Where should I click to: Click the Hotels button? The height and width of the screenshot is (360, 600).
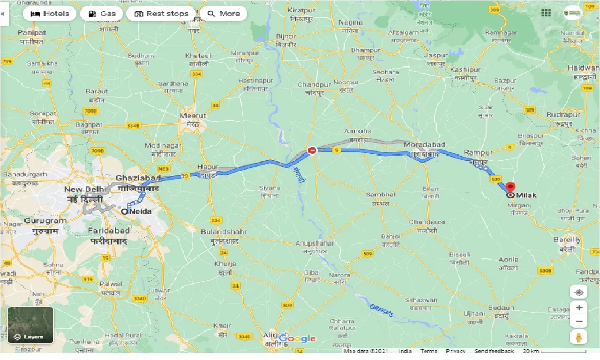(49, 14)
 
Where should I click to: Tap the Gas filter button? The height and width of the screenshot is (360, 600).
(102, 14)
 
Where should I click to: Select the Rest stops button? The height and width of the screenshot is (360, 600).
(161, 14)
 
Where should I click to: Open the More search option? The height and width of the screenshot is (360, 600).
(224, 14)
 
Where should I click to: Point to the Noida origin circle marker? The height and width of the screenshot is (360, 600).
(124, 212)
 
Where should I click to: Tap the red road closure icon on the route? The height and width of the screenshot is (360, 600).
(312, 150)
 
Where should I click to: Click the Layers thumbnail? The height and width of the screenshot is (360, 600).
(30, 325)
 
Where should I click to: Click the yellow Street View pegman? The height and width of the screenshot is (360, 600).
(579, 337)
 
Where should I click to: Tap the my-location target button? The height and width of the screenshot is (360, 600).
(579, 292)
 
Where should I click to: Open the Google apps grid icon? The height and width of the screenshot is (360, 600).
(546, 13)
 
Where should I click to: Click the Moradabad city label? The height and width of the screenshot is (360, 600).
(424, 145)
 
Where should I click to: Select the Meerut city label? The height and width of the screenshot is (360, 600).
(193, 115)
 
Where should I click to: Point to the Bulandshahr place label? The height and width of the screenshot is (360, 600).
(220, 232)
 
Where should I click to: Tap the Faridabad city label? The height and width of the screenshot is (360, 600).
(109, 231)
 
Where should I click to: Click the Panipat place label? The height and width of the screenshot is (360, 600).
(32, 33)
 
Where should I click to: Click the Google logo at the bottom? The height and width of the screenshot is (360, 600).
(297, 338)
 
